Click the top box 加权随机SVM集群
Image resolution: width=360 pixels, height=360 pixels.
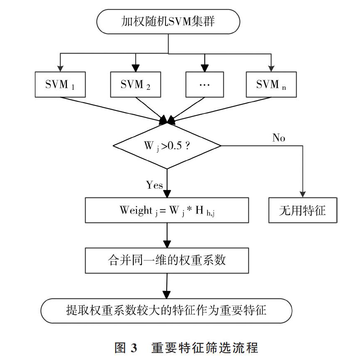click(168, 22)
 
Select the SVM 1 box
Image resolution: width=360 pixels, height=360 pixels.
click(60, 84)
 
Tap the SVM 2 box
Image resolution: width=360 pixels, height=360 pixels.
click(135, 84)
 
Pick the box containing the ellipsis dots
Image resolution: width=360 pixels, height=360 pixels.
click(204, 84)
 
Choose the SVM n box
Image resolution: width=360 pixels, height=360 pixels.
click(271, 84)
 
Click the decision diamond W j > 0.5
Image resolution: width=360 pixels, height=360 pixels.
click(167, 146)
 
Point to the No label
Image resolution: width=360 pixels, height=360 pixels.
click(279, 138)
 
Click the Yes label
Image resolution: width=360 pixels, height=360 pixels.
click(154, 185)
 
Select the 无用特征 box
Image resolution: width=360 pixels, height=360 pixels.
click(303, 210)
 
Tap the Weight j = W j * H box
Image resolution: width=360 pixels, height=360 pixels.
click(167, 210)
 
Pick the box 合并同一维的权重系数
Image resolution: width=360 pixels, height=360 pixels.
click(167, 261)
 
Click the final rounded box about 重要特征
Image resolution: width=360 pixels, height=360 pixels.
click(166, 311)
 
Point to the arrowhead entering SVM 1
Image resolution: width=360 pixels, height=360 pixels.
click(60, 69)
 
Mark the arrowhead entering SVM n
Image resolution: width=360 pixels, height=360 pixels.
click(271, 69)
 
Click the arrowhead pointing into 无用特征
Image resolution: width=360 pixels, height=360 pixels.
click(302, 194)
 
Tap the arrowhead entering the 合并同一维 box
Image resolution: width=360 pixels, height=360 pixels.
click(167, 244)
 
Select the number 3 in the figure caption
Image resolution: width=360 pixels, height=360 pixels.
click(134, 348)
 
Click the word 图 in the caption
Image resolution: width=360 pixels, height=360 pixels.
click(120, 348)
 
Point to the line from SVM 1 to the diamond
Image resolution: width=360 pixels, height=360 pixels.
click(113, 110)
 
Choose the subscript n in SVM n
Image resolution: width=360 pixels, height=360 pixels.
click(284, 88)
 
